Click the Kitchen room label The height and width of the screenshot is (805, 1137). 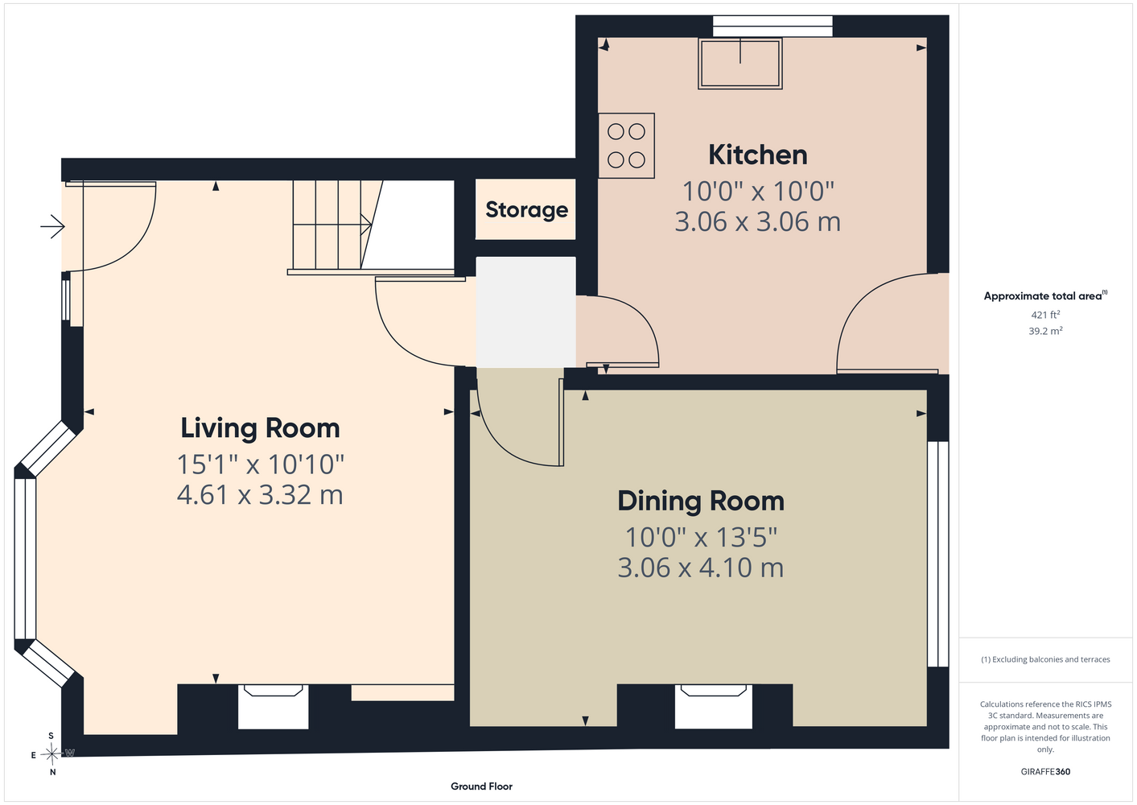point(757,155)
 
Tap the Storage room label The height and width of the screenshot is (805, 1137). point(526,210)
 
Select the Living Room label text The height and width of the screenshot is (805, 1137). point(260,427)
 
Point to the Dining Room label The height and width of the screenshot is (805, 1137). point(701,501)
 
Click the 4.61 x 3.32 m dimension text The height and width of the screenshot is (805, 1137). point(260,495)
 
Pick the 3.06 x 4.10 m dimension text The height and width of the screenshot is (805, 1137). point(701,568)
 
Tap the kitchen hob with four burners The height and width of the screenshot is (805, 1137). point(626,146)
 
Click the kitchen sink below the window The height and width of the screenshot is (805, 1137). point(740,64)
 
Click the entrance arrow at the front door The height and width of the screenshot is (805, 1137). point(53,226)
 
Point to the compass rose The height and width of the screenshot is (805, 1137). point(51,753)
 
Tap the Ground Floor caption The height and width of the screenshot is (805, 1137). point(481,786)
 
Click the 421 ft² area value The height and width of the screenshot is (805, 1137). point(1045,315)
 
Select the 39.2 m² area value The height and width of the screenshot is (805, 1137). point(1045,331)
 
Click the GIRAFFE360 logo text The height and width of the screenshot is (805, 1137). point(1045,771)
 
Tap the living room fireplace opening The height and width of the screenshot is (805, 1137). point(273,707)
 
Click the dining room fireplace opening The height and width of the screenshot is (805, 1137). point(713,707)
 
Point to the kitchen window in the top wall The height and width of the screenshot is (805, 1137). point(772,26)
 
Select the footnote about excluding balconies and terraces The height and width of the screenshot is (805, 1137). point(1045,659)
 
